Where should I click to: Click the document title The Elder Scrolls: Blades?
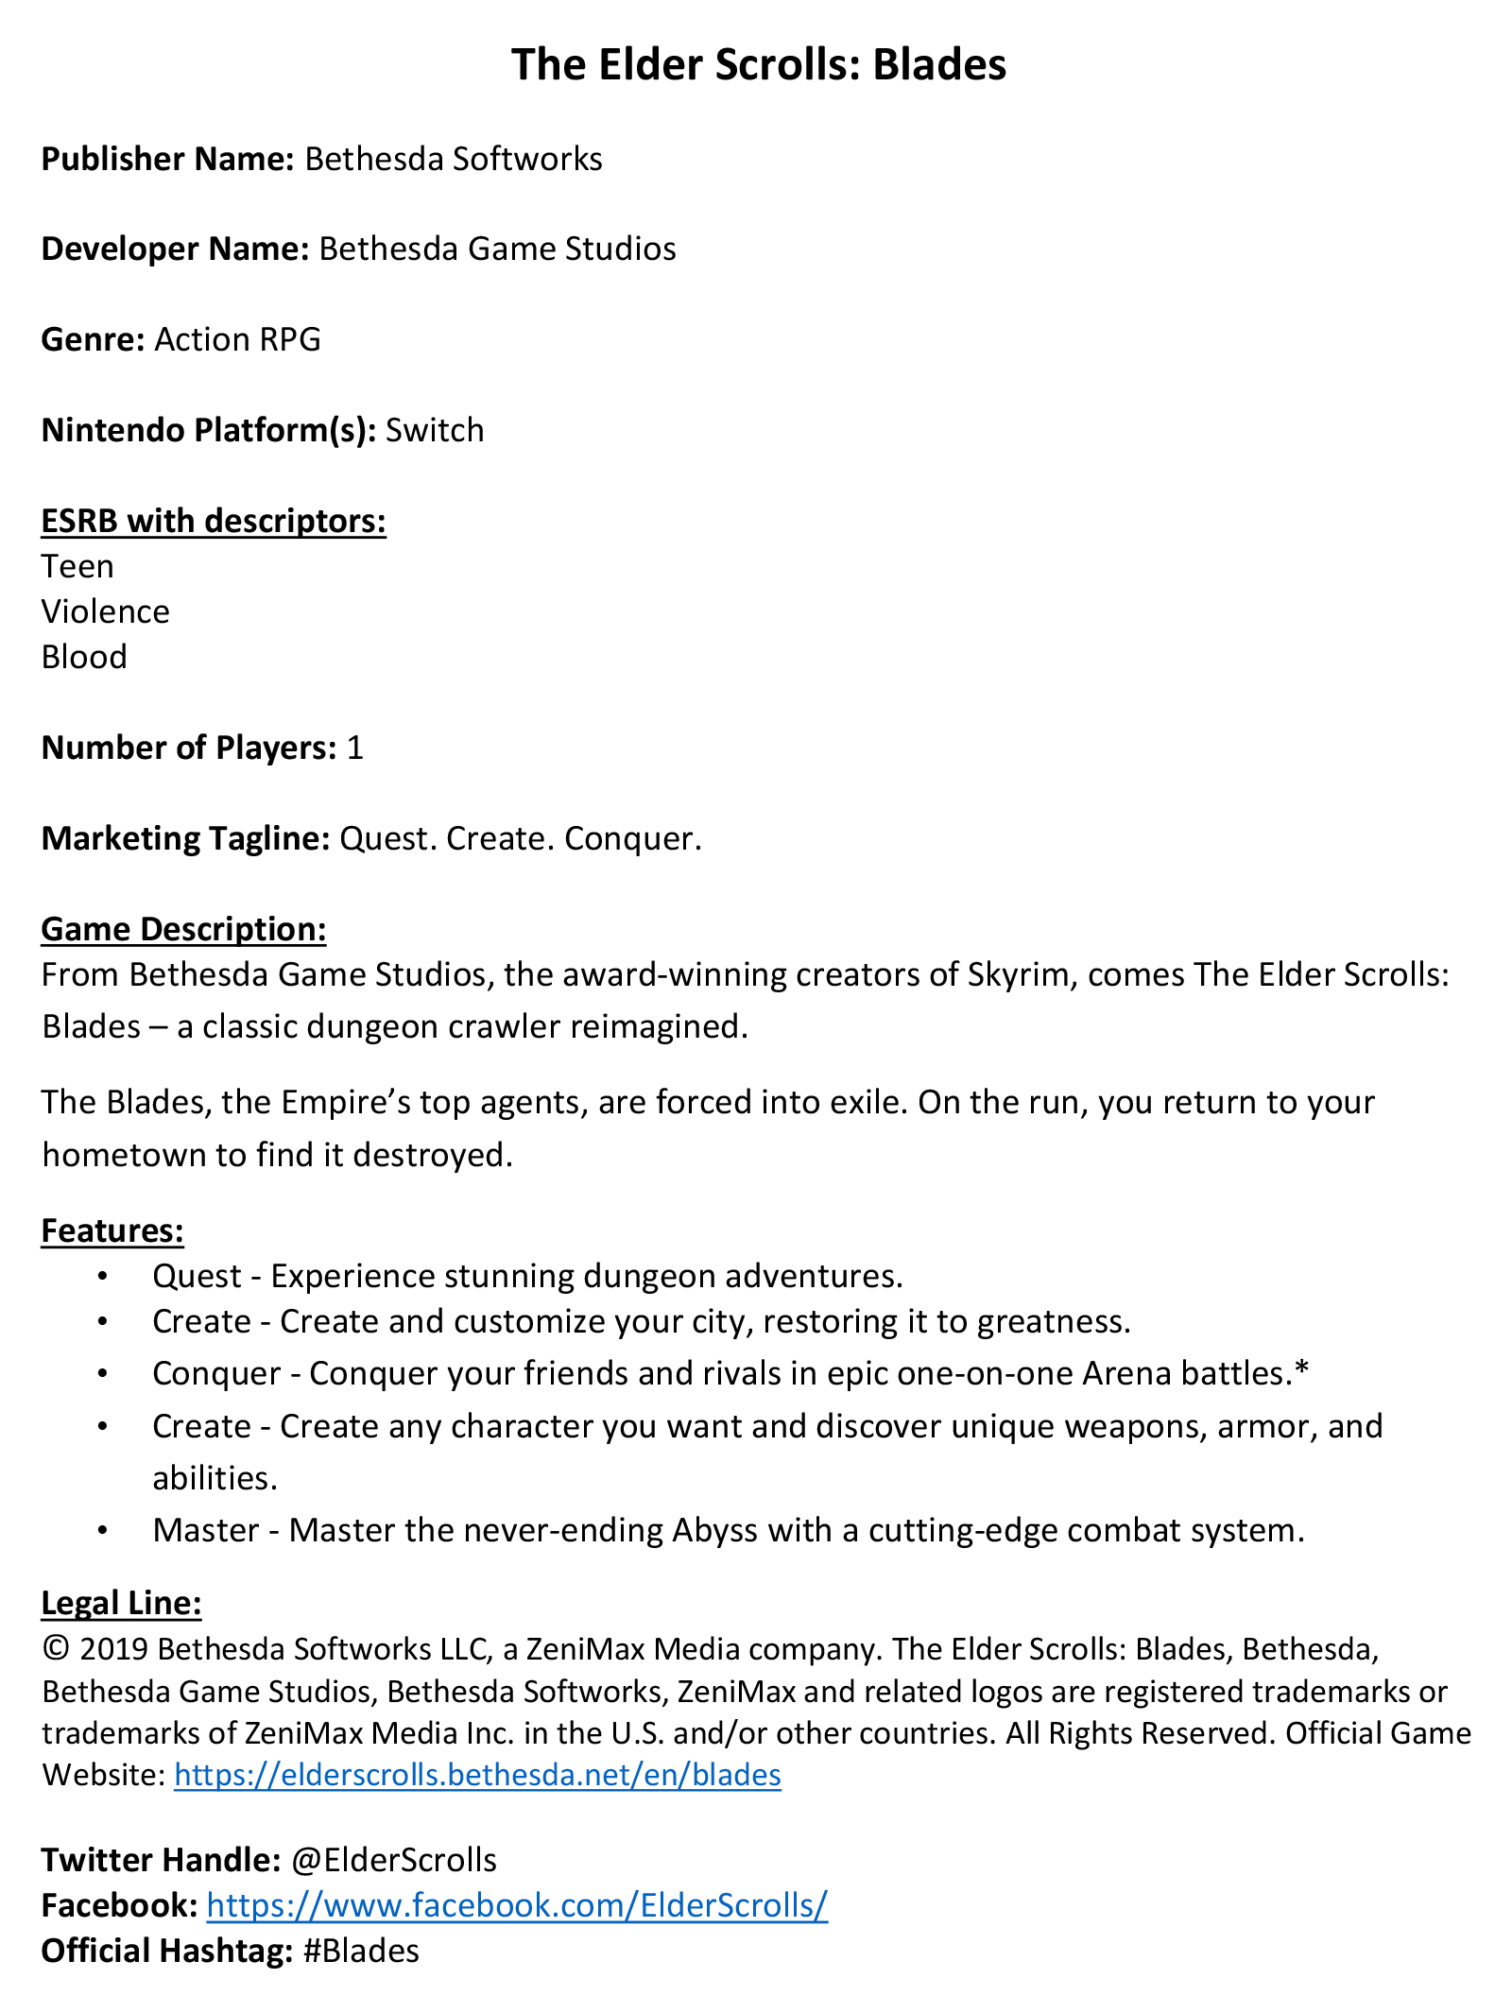click(758, 65)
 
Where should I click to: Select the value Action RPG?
click(237, 339)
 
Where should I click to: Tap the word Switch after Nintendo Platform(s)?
click(435, 430)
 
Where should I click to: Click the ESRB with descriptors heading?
click(214, 521)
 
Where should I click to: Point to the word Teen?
click(77, 566)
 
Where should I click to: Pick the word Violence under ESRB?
click(105, 611)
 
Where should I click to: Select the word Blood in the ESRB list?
click(84, 657)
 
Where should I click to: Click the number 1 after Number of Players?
click(354, 748)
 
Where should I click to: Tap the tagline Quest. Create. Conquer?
click(521, 838)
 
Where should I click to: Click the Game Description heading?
click(183, 929)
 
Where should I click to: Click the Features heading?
click(112, 1230)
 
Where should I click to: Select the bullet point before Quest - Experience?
click(103, 1277)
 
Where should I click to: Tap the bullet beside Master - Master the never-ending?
click(103, 1530)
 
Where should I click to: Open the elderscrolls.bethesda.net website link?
click(477, 1775)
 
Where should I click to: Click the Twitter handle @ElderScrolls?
click(394, 1860)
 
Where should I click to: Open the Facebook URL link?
click(517, 1905)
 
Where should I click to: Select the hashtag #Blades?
click(361, 1951)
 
